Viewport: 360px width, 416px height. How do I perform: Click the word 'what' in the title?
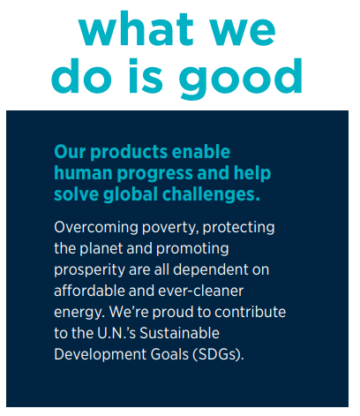click(x=136, y=29)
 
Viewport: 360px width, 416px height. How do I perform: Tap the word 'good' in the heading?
click(x=241, y=78)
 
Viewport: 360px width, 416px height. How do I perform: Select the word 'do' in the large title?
click(x=82, y=75)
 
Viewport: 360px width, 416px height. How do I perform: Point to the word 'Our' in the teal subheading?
click(x=70, y=152)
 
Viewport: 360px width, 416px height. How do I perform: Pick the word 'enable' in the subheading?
click(x=201, y=152)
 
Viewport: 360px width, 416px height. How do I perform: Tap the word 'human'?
click(x=83, y=173)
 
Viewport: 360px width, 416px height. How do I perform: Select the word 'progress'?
click(x=155, y=174)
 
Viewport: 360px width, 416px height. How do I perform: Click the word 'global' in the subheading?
click(x=131, y=195)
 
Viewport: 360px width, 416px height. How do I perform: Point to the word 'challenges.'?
click(x=211, y=195)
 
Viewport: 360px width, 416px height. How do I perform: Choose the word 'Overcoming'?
click(x=96, y=228)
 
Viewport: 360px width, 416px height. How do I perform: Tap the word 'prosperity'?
click(x=89, y=270)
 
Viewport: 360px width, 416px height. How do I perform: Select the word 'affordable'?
click(x=89, y=291)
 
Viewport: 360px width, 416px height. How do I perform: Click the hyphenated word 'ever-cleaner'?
click(x=201, y=291)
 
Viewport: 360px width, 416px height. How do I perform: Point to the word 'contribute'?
click(x=250, y=312)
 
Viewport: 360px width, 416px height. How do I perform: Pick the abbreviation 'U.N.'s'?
click(x=116, y=333)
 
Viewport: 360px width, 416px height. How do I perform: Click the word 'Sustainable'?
click(x=179, y=333)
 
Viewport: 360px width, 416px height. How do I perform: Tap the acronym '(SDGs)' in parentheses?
click(x=218, y=354)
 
